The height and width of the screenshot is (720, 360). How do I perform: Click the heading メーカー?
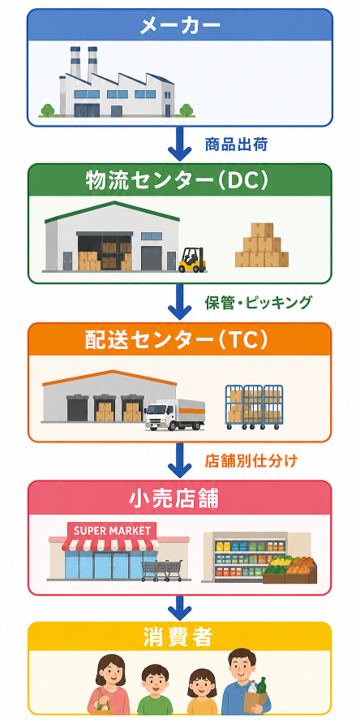[180, 26]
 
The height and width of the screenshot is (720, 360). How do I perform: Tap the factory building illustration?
[117, 82]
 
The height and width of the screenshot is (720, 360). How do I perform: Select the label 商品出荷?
[236, 145]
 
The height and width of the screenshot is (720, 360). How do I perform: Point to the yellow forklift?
[192, 259]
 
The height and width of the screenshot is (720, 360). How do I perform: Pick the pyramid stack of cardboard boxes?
[262, 245]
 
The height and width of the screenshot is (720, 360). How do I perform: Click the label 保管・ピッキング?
[258, 303]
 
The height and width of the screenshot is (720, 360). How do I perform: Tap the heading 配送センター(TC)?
[180, 341]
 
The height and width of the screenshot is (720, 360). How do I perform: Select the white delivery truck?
[174, 415]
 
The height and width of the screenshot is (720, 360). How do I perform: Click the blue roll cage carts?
[254, 407]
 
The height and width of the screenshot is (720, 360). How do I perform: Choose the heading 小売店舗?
[180, 499]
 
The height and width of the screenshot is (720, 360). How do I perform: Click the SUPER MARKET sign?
[112, 531]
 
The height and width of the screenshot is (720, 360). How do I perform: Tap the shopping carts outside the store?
[162, 570]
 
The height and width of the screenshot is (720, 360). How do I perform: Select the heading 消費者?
[180, 637]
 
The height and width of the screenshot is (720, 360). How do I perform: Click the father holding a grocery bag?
[246, 682]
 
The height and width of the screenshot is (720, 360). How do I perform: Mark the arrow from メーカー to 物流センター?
[180, 142]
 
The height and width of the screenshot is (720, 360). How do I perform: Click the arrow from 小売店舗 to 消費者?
[180, 608]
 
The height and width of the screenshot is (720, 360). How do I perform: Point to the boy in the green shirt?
[154, 689]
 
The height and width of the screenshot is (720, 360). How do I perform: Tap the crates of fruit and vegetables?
[290, 570]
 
